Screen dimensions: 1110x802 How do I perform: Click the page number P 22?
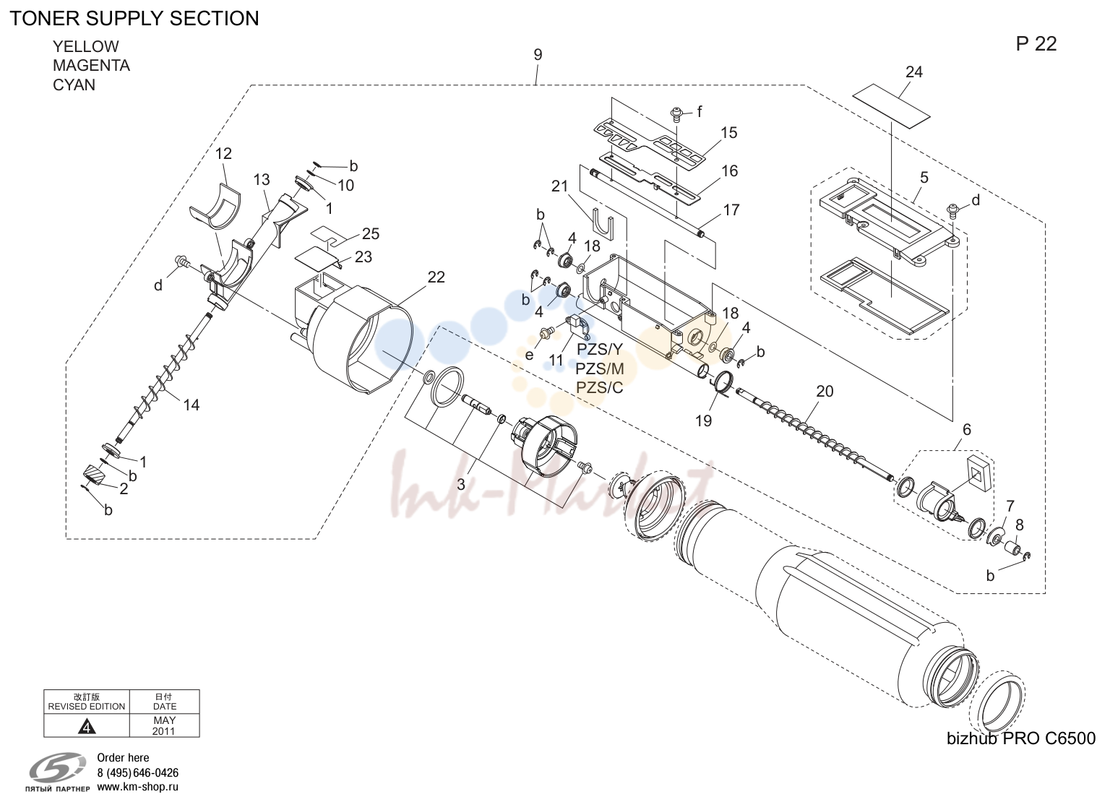pos(1036,44)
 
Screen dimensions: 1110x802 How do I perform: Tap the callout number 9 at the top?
pos(538,54)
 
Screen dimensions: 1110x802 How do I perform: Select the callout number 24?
pos(913,72)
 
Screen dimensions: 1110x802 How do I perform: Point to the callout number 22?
pos(436,277)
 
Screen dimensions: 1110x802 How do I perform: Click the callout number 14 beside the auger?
pos(192,405)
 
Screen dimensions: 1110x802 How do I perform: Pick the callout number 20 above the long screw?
pos(825,392)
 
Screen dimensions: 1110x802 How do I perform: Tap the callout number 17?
pos(731,210)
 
